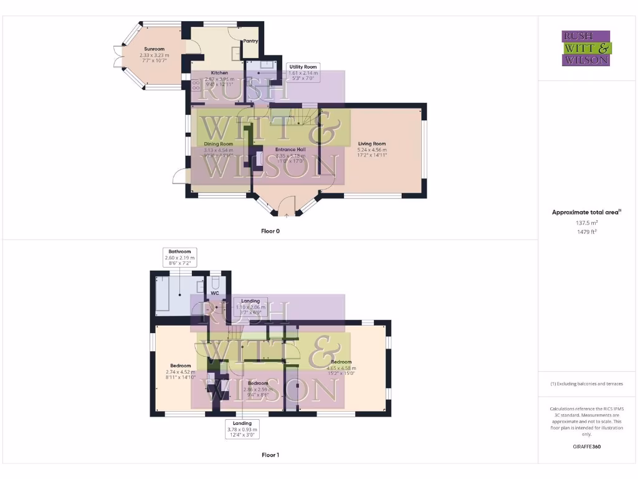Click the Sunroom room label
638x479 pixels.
[x=153, y=49]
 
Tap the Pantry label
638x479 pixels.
[x=250, y=41]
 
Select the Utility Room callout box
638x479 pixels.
[x=302, y=73]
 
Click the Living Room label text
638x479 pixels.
[x=372, y=144]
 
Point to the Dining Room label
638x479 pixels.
[x=218, y=144]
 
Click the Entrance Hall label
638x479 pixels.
[x=291, y=150]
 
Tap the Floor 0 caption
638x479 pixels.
[x=270, y=231]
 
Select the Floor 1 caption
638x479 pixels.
[x=270, y=455]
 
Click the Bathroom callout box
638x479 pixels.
[x=179, y=258]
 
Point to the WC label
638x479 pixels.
[x=215, y=292]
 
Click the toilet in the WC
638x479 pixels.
[x=216, y=281]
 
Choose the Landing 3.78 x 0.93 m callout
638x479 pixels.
[x=242, y=429]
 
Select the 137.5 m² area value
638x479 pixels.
[x=586, y=222]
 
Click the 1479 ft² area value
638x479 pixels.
[x=586, y=231]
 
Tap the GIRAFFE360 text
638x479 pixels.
[x=586, y=447]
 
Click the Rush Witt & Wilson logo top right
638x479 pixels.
[x=586, y=48]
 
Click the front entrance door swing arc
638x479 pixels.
[x=287, y=205]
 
